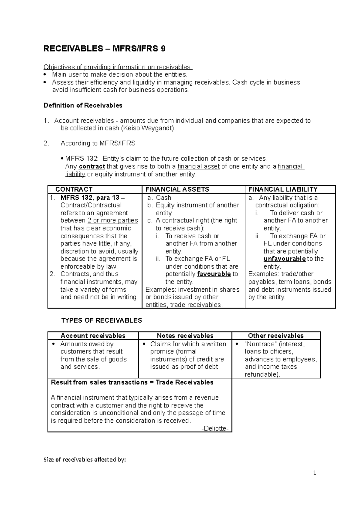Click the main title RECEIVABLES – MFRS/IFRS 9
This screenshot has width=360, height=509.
[104, 49]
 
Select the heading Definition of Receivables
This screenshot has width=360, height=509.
[83, 106]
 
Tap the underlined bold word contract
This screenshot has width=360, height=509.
[92, 166]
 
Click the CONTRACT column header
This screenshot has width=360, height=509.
[74, 189]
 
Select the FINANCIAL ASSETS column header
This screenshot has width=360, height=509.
[177, 189]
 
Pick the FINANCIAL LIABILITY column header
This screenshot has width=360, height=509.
[283, 189]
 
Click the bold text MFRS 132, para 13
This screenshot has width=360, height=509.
[90, 198]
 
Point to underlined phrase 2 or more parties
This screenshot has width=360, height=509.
[113, 221]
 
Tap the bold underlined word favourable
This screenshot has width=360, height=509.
[214, 274]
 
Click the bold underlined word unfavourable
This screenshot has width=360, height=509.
[284, 259]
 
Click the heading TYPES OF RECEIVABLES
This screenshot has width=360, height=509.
[101, 320]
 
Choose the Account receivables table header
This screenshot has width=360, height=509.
[93, 336]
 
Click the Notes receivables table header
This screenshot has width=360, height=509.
[185, 336]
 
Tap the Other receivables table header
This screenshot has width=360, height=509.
[276, 336]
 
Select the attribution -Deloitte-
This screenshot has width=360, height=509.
[215, 428]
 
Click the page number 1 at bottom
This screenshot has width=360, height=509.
[315, 473]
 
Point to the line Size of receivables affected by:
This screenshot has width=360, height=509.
[85, 460]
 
